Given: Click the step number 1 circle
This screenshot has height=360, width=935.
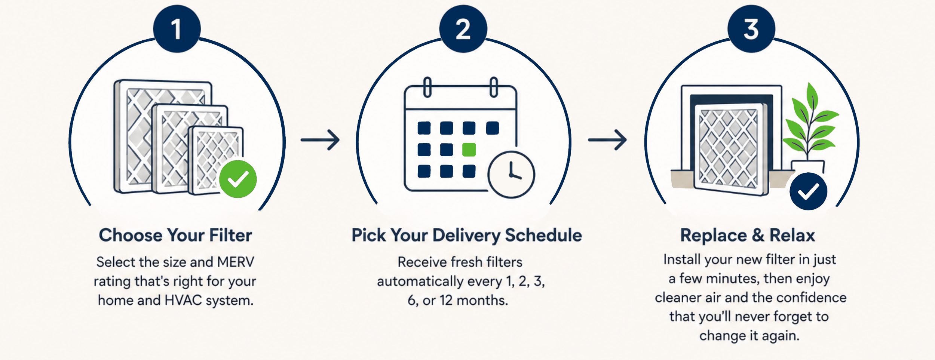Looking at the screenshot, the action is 177,29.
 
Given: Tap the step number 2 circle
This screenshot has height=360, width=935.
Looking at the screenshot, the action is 463,29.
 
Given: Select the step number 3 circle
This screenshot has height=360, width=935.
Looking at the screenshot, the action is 751,29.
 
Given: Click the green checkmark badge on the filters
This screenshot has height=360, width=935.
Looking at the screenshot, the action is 238,179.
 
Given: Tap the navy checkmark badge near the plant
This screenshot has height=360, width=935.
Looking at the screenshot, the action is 809,191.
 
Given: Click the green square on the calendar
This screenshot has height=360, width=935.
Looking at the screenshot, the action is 469,150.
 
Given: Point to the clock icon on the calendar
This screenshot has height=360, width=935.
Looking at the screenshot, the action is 511,175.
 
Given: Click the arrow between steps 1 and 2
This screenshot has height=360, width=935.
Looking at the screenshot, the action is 320,140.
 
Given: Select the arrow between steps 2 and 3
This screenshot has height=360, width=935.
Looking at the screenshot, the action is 607,140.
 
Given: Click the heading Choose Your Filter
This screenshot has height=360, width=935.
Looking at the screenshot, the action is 175,236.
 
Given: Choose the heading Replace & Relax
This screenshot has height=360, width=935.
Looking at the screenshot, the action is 748,236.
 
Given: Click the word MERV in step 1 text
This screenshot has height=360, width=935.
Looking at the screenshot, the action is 236,262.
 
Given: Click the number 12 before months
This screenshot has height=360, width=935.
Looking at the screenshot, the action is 446,300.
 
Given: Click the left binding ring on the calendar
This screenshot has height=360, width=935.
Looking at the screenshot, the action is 427,87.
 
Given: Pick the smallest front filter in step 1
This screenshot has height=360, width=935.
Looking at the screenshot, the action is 216,161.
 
